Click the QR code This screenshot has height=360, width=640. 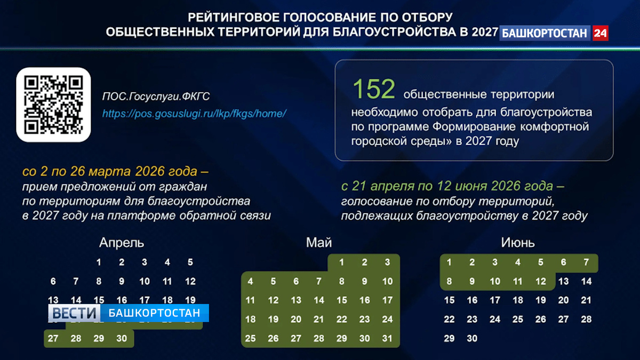54,105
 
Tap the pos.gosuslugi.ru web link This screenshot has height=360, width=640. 195,114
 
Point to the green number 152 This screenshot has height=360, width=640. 374,89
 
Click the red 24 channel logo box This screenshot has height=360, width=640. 600,33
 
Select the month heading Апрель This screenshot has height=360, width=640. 122,243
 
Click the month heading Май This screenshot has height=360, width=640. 319,243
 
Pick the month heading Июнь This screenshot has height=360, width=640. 518,243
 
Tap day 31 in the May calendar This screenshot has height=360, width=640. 387,338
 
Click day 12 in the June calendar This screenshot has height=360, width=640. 541,281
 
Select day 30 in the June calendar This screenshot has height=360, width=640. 472,338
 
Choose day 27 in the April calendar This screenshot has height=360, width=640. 53,338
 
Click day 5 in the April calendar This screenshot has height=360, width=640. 190,262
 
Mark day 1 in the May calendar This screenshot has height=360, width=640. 341,262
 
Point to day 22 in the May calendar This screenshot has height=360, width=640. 341,319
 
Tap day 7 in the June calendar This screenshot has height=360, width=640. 586,262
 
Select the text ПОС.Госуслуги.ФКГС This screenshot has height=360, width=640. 156,97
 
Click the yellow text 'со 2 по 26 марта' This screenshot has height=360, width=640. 77,172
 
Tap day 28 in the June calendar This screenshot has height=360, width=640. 586,319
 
